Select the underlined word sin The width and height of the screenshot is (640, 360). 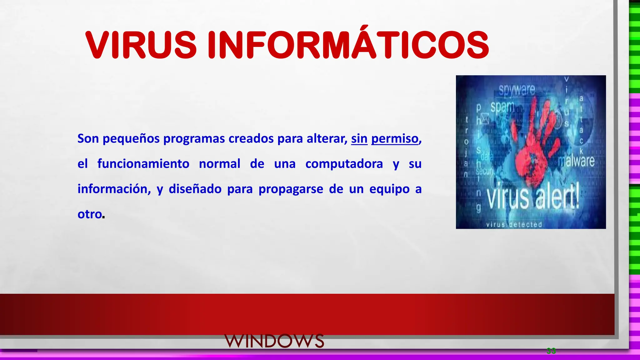pos(359,138)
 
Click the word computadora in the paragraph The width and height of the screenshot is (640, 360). pos(344,164)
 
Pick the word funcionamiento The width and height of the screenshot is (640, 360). pos(143,164)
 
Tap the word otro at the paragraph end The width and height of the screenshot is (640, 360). pos(90,214)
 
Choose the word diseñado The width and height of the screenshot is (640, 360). pos(195,189)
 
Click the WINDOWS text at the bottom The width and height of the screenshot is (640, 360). pos(274,341)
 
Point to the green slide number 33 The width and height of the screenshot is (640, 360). pos(551,351)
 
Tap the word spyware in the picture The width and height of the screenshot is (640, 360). pos(517,90)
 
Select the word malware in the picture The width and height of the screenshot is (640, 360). pos(576,161)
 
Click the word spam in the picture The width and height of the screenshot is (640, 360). pos(502,107)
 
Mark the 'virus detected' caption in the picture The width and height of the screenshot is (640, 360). pos(514,224)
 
